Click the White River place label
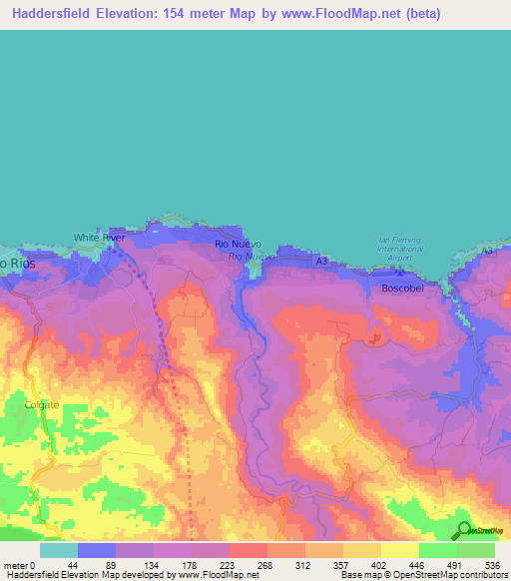click(x=99, y=238)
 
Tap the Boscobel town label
click(x=403, y=288)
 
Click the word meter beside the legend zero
click(x=15, y=564)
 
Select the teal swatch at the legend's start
click(x=59, y=550)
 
